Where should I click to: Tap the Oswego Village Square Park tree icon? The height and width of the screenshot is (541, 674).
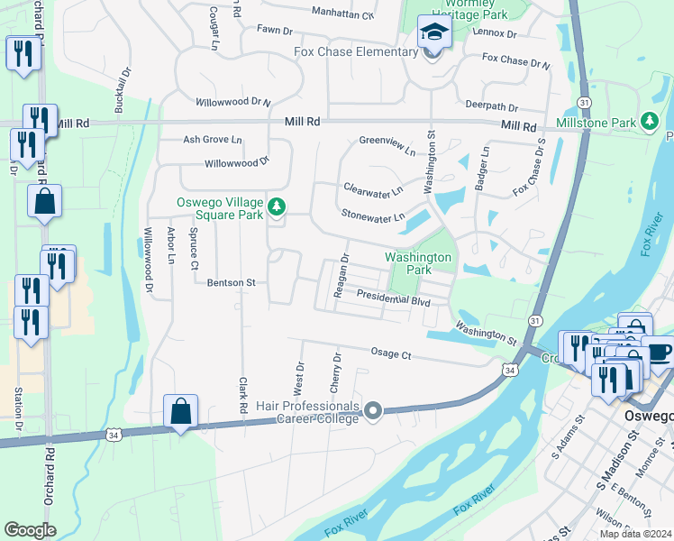(x=277, y=208)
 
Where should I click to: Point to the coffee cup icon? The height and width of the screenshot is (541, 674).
(x=659, y=351)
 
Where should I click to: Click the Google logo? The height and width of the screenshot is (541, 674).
(x=30, y=530)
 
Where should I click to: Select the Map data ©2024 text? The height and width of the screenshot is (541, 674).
(x=635, y=534)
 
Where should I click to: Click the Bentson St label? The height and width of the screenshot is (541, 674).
(x=232, y=282)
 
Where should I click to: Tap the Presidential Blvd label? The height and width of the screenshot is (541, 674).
(x=392, y=298)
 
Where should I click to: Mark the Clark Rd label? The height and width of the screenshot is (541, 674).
(x=242, y=395)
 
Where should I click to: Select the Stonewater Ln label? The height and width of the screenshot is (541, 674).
(x=373, y=217)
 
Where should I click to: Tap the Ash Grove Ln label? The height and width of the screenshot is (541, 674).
(x=213, y=140)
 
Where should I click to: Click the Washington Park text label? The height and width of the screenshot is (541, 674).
(x=417, y=263)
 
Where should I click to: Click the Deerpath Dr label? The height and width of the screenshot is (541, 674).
(x=491, y=105)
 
